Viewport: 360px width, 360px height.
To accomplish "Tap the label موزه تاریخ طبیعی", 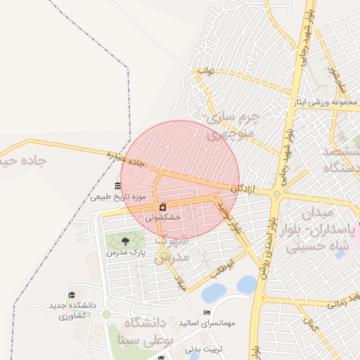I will [x=118, y=197].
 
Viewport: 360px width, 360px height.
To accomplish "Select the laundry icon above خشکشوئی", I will [x=163, y=207].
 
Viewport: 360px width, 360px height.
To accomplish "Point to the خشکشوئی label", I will [x=163, y=218].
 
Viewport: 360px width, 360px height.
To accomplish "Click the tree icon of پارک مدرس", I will [x=125, y=241].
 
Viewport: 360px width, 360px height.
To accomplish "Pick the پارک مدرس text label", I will [x=125, y=252].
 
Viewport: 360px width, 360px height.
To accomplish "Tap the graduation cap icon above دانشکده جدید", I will [x=71, y=295].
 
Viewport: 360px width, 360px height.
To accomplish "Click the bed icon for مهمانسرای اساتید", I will [x=206, y=312].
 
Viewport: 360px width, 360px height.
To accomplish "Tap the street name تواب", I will [x=205, y=71].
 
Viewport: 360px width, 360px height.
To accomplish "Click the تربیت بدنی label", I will [x=204, y=349].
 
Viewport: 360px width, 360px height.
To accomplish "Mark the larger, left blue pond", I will [x=213, y=292].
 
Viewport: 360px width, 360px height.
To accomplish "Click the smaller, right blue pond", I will [x=247, y=284].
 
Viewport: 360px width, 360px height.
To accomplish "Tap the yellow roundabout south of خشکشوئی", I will [x=164, y=255].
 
